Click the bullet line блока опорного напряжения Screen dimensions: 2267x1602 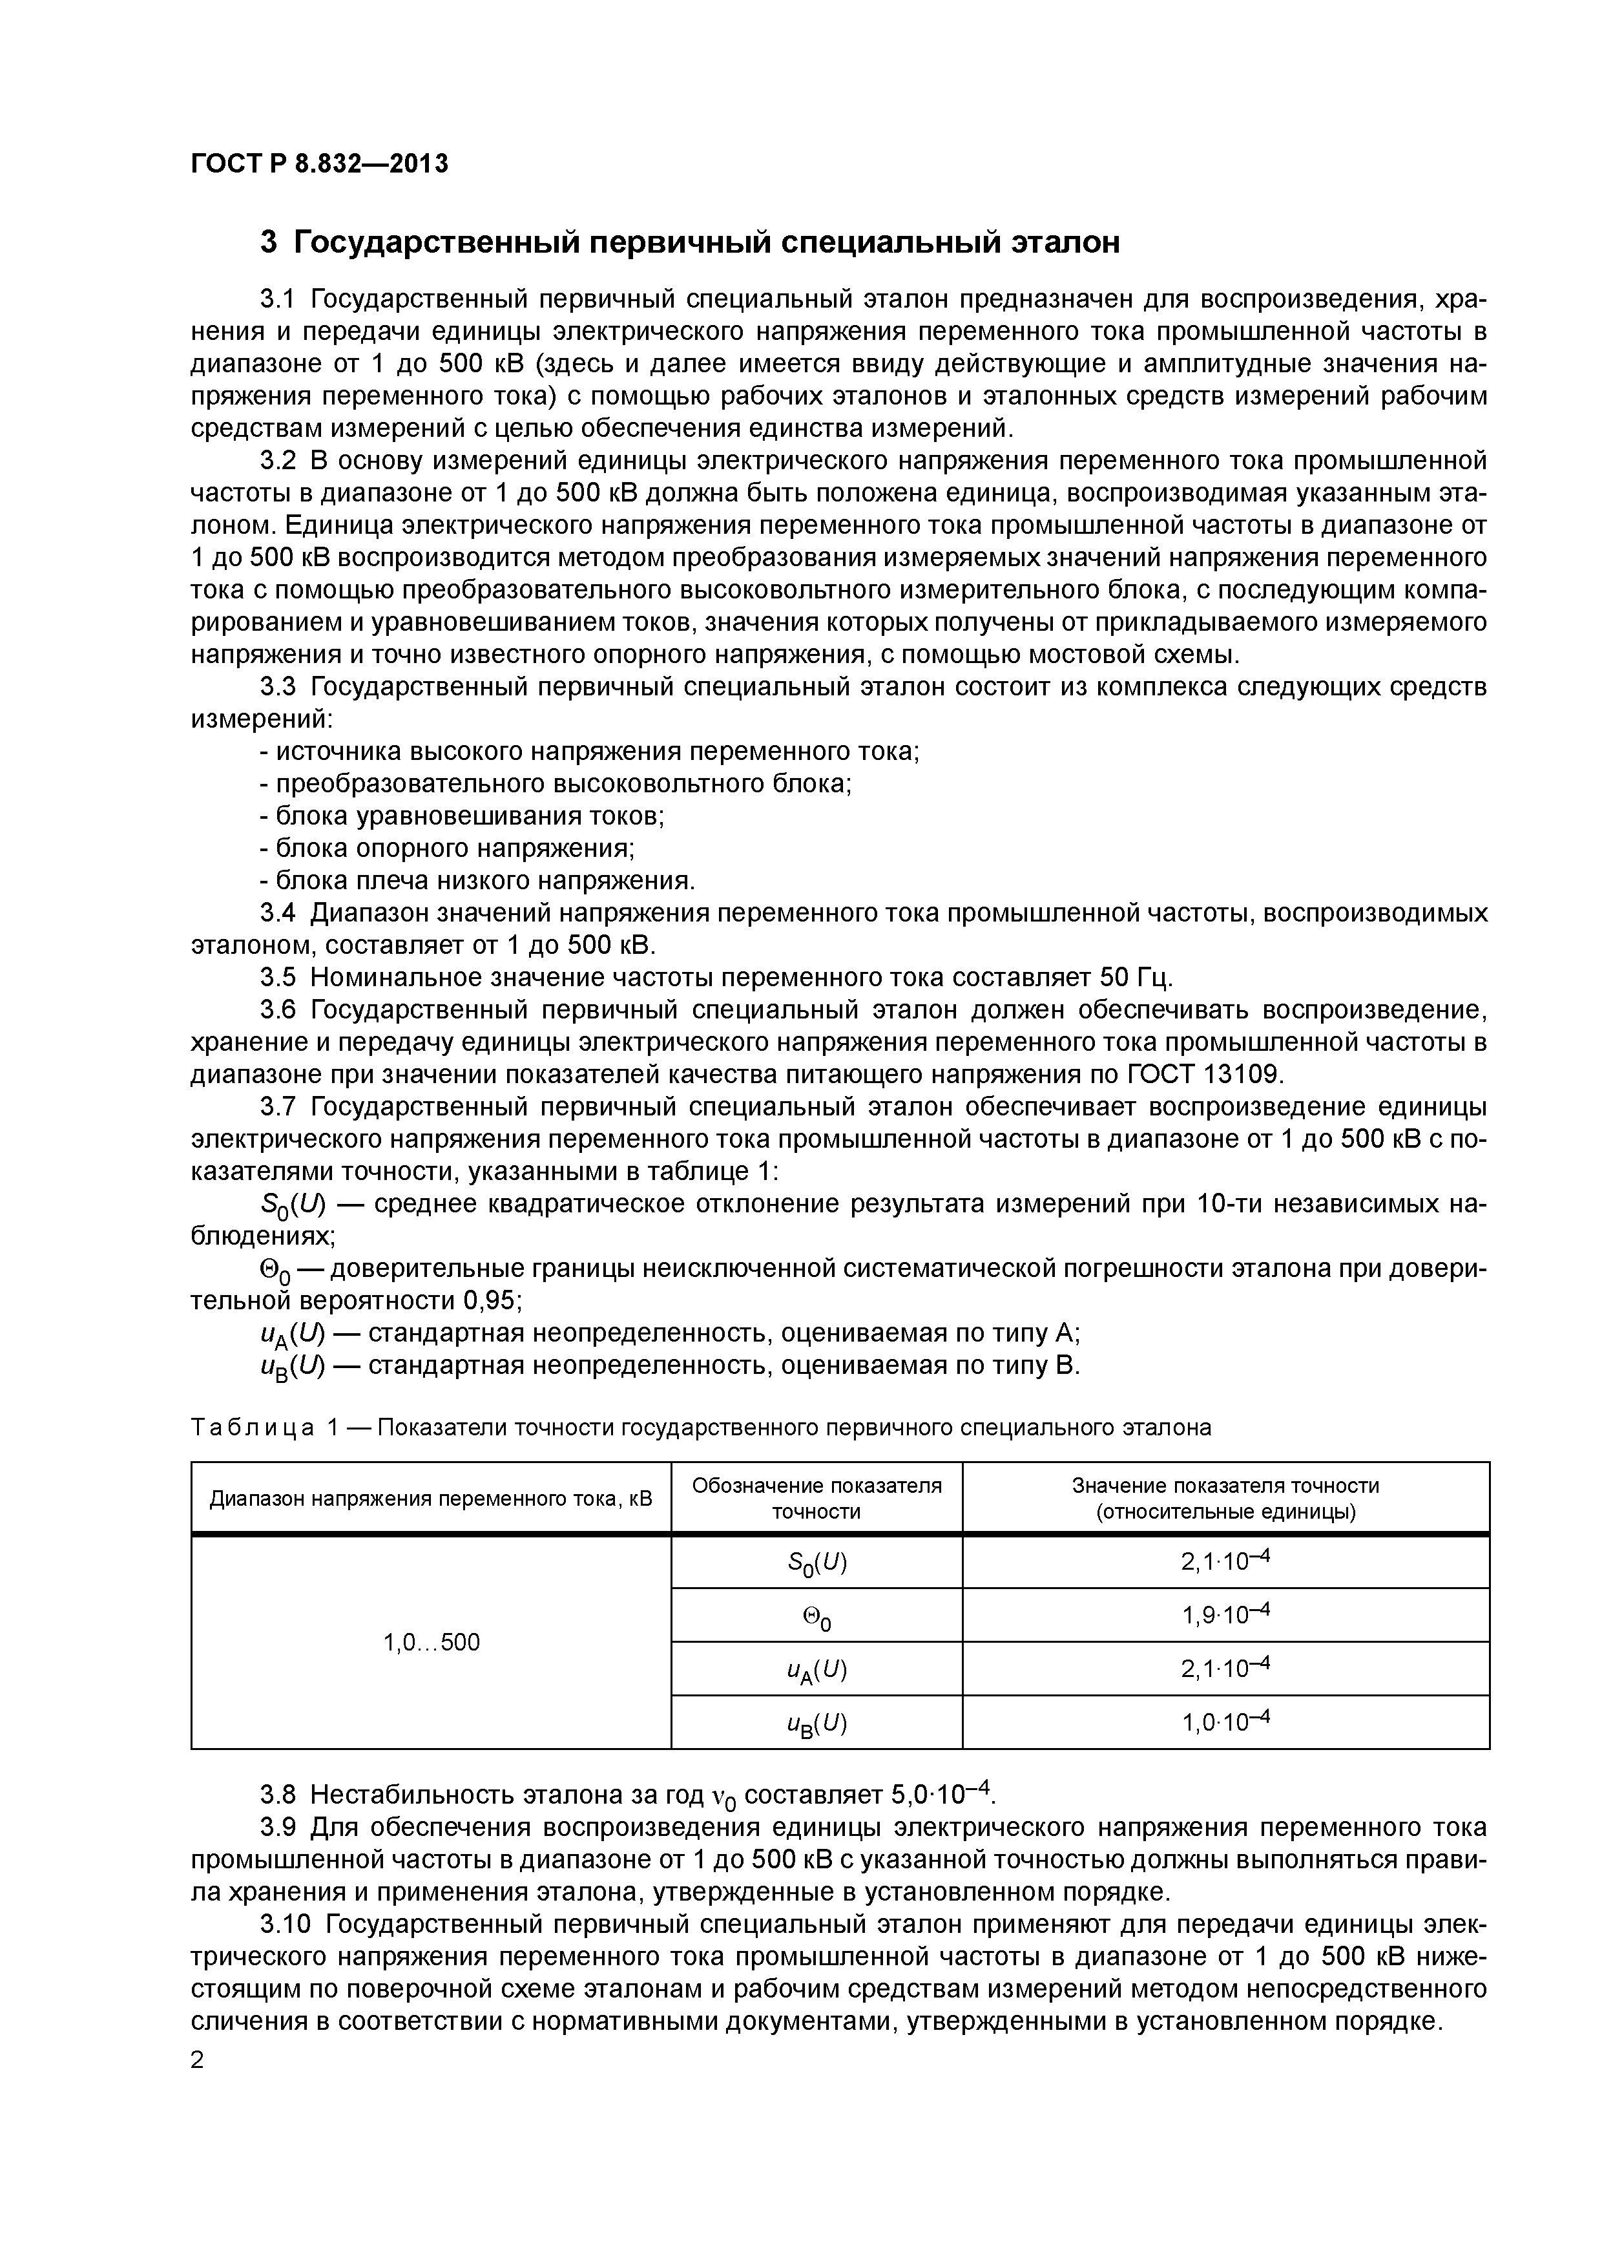click(x=447, y=848)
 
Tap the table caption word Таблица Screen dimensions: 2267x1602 click(x=253, y=1428)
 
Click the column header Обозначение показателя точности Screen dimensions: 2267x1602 click(x=817, y=1498)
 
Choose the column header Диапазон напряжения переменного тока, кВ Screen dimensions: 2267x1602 click(x=432, y=1499)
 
